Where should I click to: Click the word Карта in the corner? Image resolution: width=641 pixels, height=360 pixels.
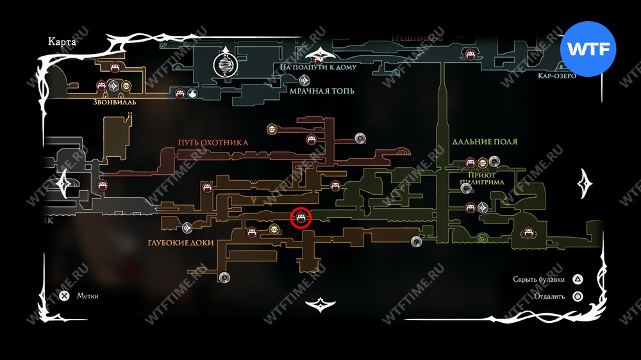tap(62, 42)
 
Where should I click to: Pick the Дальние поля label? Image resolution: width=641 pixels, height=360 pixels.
tap(485, 142)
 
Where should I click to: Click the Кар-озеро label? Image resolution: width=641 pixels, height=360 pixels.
tap(557, 76)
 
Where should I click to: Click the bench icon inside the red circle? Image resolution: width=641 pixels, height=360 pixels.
tap(301, 218)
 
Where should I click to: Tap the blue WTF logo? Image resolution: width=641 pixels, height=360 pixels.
tap(588, 49)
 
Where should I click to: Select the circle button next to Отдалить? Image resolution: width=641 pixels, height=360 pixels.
tap(578, 297)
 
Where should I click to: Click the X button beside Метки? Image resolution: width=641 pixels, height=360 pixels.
tap(64, 296)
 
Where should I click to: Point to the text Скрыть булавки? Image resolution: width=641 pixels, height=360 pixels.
tap(539, 279)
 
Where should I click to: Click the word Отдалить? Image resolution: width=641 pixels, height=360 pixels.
tap(548, 297)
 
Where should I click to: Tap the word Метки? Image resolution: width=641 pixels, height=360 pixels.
tap(87, 296)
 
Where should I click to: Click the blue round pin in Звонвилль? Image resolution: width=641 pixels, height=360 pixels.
tap(192, 94)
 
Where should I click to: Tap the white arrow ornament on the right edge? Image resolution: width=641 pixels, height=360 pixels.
tap(585, 184)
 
